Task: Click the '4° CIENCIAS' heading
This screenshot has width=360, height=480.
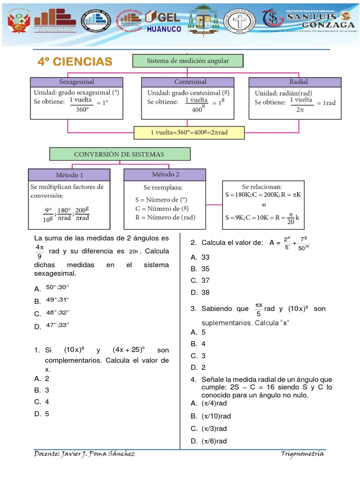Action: pyautogui.click(x=75, y=61)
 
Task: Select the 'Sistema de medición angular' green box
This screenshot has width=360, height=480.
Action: pyautogui.click(x=188, y=61)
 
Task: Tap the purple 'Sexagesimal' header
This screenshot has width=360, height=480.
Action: pyautogui.click(x=76, y=82)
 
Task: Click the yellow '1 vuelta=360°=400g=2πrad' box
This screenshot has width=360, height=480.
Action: pyautogui.click(x=189, y=133)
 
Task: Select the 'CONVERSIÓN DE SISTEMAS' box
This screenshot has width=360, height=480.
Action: pyautogui.click(x=120, y=154)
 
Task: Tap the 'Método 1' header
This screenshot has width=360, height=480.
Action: pyautogui.click(x=70, y=175)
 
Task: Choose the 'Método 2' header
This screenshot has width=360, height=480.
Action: pyautogui.click(x=165, y=174)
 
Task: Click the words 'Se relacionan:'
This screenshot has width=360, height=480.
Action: pyautogui.click(x=262, y=186)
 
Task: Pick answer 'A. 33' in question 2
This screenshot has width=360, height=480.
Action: pyautogui.click(x=200, y=257)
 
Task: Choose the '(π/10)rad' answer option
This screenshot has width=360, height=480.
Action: pyautogui.click(x=216, y=416)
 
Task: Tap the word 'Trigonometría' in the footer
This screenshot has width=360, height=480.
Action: pyautogui.click(x=302, y=454)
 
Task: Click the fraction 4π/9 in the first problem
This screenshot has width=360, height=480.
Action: pyautogui.click(x=39, y=251)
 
